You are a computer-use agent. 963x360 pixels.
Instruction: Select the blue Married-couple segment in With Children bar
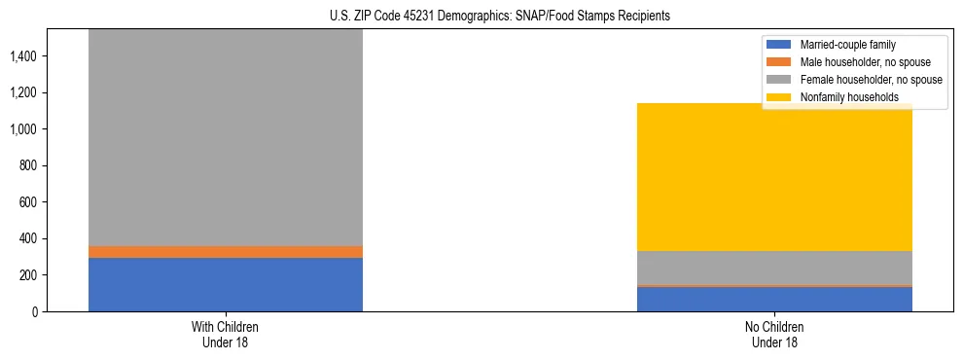point(225,284)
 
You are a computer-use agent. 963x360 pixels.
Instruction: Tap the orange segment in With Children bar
point(225,252)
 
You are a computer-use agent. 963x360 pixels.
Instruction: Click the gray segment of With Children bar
point(225,136)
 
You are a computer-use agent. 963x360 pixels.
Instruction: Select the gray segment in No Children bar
point(774,268)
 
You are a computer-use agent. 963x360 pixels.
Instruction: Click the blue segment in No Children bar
point(774,300)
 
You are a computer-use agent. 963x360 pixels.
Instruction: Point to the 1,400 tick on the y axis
point(23,56)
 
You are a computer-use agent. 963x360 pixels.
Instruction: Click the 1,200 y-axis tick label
point(23,92)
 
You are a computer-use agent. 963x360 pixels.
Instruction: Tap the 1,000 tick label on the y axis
point(23,129)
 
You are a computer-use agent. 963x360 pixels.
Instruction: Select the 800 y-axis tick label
point(27,165)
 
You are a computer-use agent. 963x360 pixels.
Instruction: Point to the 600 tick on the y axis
point(27,202)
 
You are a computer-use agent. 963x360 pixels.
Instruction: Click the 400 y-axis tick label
point(27,238)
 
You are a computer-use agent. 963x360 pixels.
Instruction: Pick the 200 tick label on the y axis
point(27,275)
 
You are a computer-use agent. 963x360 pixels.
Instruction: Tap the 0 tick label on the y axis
point(34,311)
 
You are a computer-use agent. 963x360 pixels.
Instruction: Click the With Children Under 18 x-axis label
point(225,334)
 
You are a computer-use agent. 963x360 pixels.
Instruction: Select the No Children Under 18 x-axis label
point(774,334)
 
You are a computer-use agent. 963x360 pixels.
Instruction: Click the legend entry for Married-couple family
point(846,45)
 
